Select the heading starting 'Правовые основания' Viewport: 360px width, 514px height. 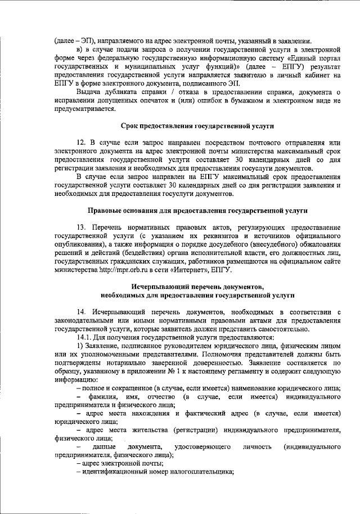(199, 210)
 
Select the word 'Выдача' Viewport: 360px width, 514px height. (89, 92)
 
